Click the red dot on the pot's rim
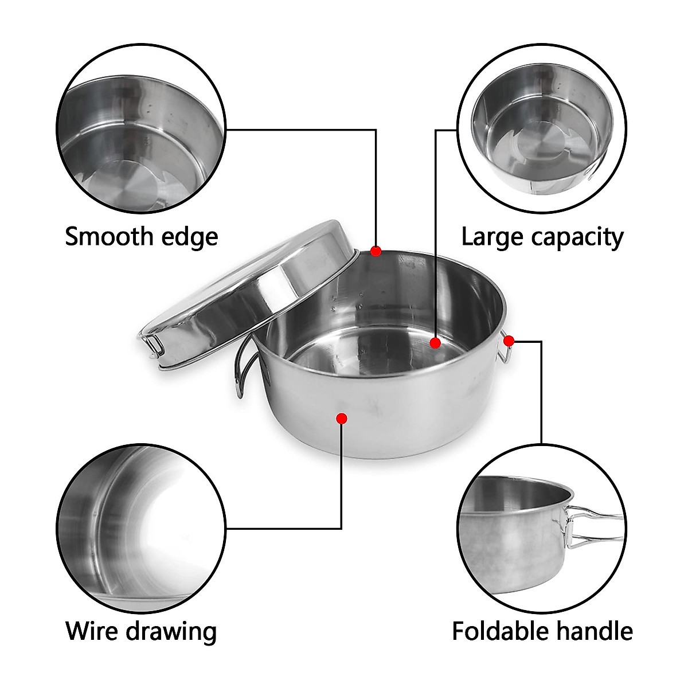tap(376, 251)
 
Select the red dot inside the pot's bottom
tap(435, 343)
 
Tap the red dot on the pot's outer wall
tap(342, 419)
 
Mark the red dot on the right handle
tap(509, 341)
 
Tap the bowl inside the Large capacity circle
tap(542, 129)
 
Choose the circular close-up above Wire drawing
tap(140, 527)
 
